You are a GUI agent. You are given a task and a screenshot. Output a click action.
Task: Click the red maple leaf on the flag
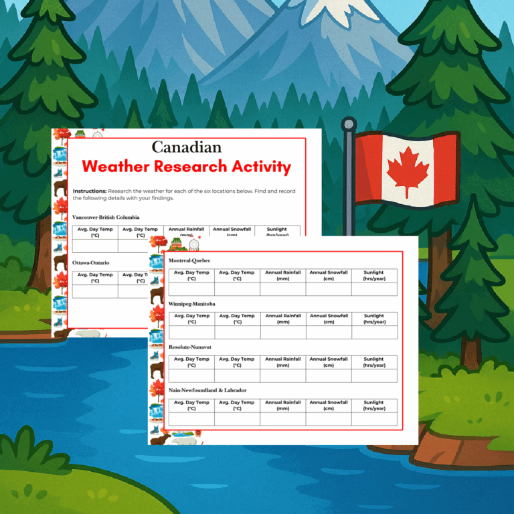(408, 168)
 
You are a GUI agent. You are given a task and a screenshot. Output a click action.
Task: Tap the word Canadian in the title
(186, 147)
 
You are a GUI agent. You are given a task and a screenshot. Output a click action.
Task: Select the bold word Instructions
(90, 191)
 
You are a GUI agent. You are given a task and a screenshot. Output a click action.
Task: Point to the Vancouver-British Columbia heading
(106, 218)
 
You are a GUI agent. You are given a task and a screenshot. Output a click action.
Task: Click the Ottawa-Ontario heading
(91, 263)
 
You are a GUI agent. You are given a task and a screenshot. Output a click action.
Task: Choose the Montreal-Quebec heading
(189, 260)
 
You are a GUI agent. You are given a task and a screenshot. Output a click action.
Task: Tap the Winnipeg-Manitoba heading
(192, 304)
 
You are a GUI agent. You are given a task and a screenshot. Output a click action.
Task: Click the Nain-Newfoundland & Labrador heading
(207, 390)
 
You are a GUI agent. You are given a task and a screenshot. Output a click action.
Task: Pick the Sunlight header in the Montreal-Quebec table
(374, 275)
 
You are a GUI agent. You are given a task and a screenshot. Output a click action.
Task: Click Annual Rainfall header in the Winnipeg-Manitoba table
(283, 319)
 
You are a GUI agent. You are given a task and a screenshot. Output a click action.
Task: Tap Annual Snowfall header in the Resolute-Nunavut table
(329, 362)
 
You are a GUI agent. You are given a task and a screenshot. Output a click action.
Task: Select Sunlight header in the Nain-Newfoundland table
(374, 406)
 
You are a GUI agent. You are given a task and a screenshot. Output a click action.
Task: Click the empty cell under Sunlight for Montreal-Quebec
(374, 289)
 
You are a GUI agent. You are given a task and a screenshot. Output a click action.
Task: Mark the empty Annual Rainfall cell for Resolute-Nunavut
(283, 375)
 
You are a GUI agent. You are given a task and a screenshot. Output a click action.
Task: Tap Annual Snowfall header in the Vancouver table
(232, 232)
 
